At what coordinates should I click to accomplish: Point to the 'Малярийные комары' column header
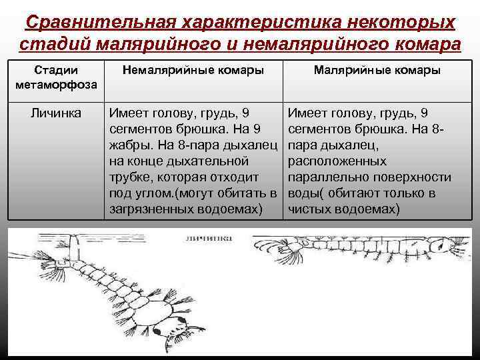coord(377,70)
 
